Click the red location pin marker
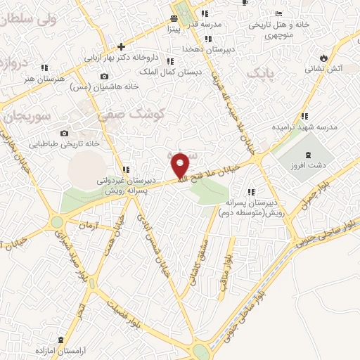pyautogui.click(x=181, y=165)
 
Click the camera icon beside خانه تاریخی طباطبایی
pyautogui.click(x=64, y=133)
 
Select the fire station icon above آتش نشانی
pyautogui.click(x=323, y=57)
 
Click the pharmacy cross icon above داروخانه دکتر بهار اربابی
pyautogui.click(x=122, y=46)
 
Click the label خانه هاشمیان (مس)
pyautogui.click(x=105, y=86)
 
